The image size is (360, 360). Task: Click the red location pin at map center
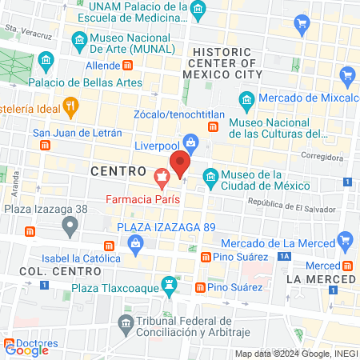point(181,164)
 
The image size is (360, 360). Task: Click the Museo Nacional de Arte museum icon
point(78,39)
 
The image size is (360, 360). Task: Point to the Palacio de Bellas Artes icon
point(46,61)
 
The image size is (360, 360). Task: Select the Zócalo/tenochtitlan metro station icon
point(213,127)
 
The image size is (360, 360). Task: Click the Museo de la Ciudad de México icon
point(210,175)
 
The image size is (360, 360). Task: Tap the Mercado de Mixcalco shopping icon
point(346,78)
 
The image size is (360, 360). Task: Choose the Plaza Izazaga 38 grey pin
point(70,226)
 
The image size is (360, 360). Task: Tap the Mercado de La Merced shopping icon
point(346,238)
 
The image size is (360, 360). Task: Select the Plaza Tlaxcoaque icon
point(169,284)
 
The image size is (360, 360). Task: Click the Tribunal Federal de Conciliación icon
point(126,325)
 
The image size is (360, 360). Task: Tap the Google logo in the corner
point(26,349)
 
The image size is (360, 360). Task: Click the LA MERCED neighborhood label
point(320,279)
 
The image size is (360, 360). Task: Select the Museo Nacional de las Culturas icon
point(246,99)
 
